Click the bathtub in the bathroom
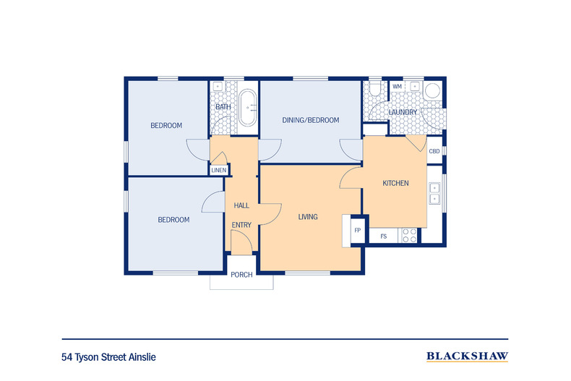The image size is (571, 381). [x=248, y=108]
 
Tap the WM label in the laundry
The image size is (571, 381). [x=397, y=86]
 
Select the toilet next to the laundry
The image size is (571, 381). [x=374, y=87]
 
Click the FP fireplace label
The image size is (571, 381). [x=358, y=230]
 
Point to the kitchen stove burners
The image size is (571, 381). [x=409, y=235]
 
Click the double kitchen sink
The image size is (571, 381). [x=435, y=194]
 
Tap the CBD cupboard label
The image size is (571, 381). [x=434, y=151]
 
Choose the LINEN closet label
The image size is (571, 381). [x=219, y=170]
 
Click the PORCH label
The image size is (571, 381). [x=241, y=275]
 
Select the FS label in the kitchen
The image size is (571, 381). [x=384, y=236]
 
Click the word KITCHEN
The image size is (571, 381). [x=395, y=183]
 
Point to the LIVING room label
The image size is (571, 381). [x=308, y=217]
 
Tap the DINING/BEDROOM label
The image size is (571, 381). [x=311, y=120]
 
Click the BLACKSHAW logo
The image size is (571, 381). [x=467, y=356]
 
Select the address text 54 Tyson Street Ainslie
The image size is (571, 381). [x=108, y=357]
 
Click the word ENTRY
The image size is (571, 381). [x=241, y=225]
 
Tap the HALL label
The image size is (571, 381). [x=241, y=205]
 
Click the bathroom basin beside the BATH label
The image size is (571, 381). [x=218, y=86]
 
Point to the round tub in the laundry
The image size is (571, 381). [x=433, y=90]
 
